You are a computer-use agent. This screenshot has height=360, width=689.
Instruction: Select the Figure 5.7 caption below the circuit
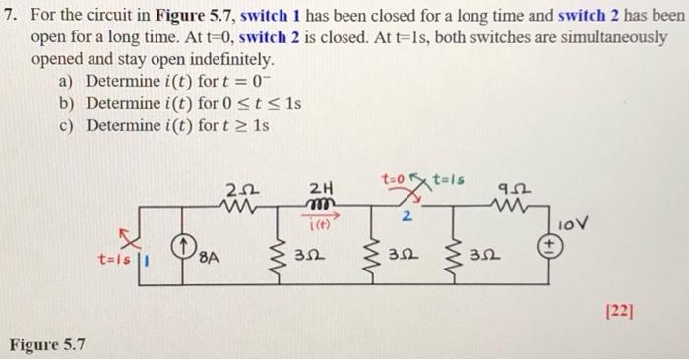pyautogui.click(x=47, y=344)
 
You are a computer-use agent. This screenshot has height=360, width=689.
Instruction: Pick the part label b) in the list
pyautogui.click(x=68, y=102)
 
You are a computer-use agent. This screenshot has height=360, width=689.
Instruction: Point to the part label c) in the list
pyautogui.click(x=68, y=125)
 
